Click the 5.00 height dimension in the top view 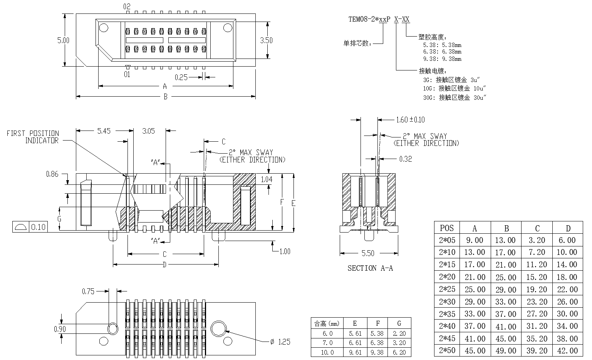pyautogui.click(x=64, y=40)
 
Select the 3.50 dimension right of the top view pyautogui.click(x=266, y=40)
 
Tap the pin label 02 pyautogui.click(x=127, y=7)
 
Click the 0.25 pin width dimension pyautogui.click(x=181, y=77)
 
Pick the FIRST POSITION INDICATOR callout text pyautogui.click(x=33, y=137)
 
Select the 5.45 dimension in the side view pyautogui.click(x=104, y=131)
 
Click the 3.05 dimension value pyautogui.click(x=148, y=131)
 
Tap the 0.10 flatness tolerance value pyautogui.click(x=38, y=227)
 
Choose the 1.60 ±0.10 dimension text pyautogui.click(x=410, y=120)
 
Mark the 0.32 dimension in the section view pyautogui.click(x=406, y=159)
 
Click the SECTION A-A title pyautogui.click(x=370, y=268)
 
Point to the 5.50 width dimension pyautogui.click(x=368, y=253)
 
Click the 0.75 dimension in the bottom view pyautogui.click(x=88, y=291)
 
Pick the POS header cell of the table pyautogui.click(x=447, y=228)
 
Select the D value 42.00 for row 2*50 pyautogui.click(x=567, y=351)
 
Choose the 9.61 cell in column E pyautogui.click(x=355, y=352)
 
